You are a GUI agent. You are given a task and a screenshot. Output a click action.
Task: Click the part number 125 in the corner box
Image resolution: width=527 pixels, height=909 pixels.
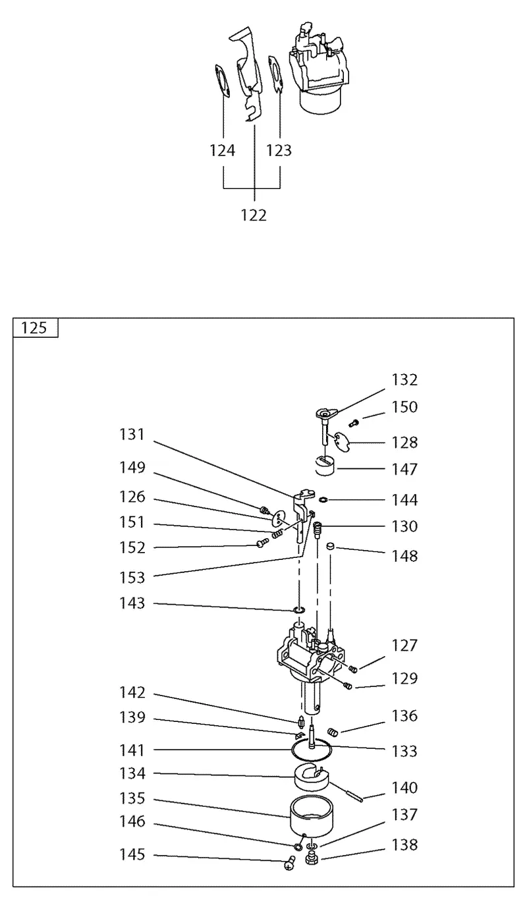(x=34, y=328)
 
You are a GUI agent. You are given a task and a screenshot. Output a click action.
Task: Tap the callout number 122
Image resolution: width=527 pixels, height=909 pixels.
(x=254, y=215)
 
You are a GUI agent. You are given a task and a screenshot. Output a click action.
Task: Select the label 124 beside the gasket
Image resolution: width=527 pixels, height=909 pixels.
(x=222, y=151)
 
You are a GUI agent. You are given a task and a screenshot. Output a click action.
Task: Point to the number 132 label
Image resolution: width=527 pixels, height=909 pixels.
(x=404, y=380)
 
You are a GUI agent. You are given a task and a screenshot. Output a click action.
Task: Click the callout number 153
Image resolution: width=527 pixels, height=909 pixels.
(x=132, y=578)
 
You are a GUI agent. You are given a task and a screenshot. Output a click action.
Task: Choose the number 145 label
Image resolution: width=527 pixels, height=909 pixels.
(x=132, y=854)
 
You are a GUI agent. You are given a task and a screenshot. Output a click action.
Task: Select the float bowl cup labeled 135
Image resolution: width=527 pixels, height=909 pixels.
(x=312, y=817)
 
